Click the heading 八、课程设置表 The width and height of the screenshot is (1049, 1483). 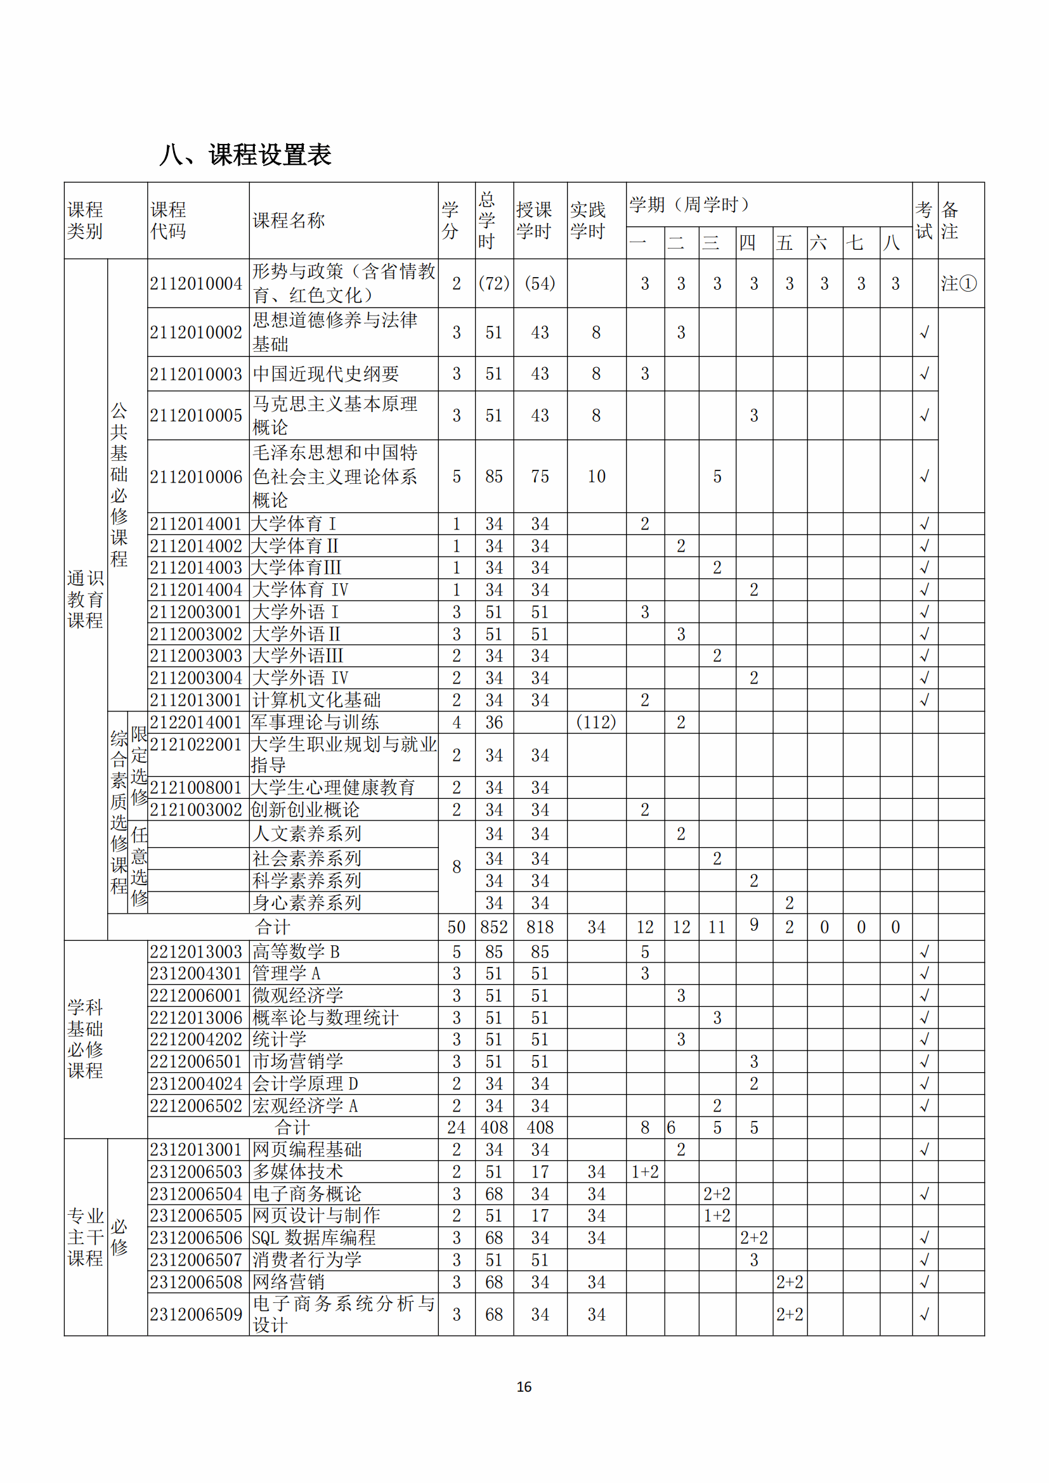pyautogui.click(x=245, y=155)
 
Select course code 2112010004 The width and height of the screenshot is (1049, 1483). pyautogui.click(x=197, y=283)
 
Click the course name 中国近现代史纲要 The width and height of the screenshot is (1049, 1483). pyautogui.click(x=325, y=374)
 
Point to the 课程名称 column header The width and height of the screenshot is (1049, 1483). pyautogui.click(x=288, y=220)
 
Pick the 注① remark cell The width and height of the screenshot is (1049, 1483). pyautogui.click(x=959, y=283)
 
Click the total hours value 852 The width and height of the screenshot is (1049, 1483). pyautogui.click(x=494, y=928)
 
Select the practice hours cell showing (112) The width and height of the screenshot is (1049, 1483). pyautogui.click(x=596, y=722)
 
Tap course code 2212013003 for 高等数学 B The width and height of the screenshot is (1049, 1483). pyautogui.click(x=197, y=952)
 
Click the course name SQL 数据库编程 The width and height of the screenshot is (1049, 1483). pyautogui.click(x=314, y=1238)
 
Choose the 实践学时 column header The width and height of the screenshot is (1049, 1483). pyautogui.click(x=588, y=220)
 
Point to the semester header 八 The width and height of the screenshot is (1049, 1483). pyautogui.click(x=893, y=243)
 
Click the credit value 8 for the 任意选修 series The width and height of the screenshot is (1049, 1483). pyautogui.click(x=457, y=867)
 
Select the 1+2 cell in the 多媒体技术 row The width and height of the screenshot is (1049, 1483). pyautogui.click(x=644, y=1172)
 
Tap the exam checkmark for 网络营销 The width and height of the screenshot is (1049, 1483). pyautogui.click(x=925, y=1281)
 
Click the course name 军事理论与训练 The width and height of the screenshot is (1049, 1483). pyautogui.click(x=315, y=722)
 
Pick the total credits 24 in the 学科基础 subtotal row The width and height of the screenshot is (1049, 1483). pyautogui.click(x=457, y=1128)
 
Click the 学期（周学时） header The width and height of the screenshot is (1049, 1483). pyautogui.click(x=689, y=205)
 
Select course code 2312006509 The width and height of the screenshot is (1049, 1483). pyautogui.click(x=197, y=1314)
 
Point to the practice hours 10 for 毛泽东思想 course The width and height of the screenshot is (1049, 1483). pyautogui.click(x=596, y=477)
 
